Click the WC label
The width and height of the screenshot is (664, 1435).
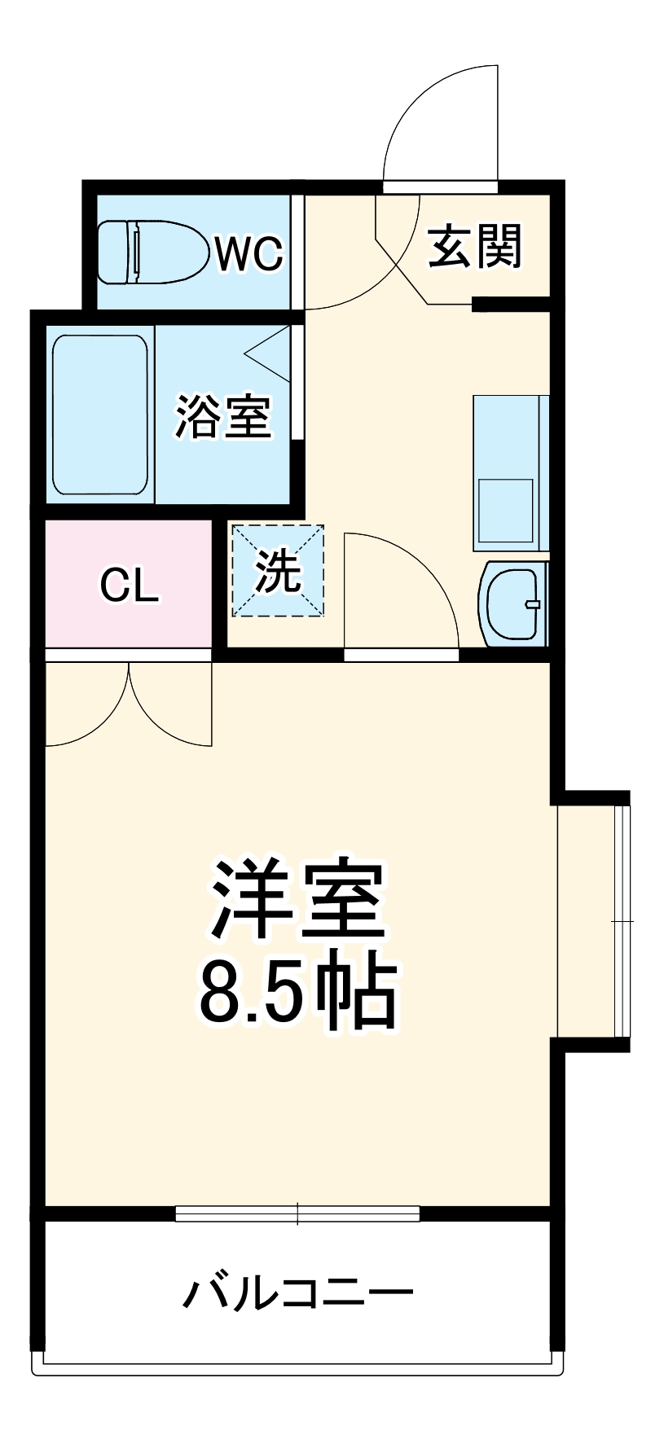[x=248, y=253]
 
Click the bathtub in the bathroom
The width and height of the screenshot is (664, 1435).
[x=100, y=415]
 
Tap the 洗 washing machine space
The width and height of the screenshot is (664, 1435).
[x=279, y=571]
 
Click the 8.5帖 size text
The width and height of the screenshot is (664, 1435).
[x=298, y=994]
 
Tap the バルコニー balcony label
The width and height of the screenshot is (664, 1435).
[x=298, y=1293]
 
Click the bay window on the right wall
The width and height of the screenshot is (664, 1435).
[x=593, y=921]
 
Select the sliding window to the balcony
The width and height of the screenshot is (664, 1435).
[x=297, y=1213]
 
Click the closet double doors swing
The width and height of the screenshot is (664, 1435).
[x=129, y=704]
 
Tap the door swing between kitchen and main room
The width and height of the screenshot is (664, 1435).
[x=399, y=590]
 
